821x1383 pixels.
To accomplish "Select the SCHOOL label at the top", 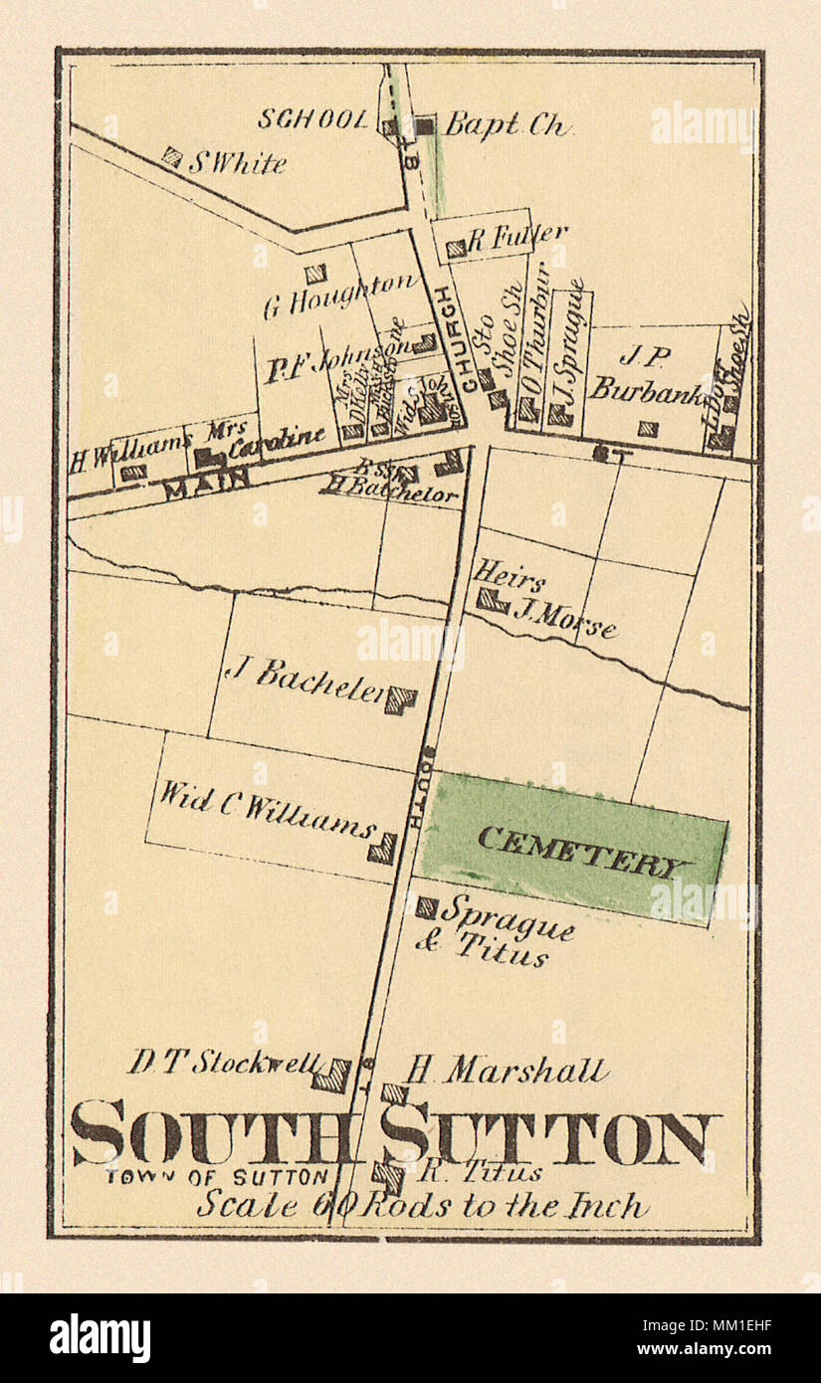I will point(313,119).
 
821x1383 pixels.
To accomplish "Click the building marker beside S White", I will point(172,156).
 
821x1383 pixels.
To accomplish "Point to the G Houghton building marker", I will point(314,274).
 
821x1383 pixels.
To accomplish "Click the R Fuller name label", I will point(517,237).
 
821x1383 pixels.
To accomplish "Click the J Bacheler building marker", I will point(400,700).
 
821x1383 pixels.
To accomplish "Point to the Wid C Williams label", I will point(267,812).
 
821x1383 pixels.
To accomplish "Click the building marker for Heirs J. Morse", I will point(490,600).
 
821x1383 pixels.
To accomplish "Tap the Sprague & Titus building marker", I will point(426,907).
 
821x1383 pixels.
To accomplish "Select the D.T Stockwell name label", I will point(225,1062).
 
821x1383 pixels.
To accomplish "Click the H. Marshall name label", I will point(507,1071).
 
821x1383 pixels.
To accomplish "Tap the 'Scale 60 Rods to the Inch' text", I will point(422,1205).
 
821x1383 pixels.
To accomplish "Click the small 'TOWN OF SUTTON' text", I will point(217,1177).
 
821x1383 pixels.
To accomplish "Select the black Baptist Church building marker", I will point(425,126).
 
